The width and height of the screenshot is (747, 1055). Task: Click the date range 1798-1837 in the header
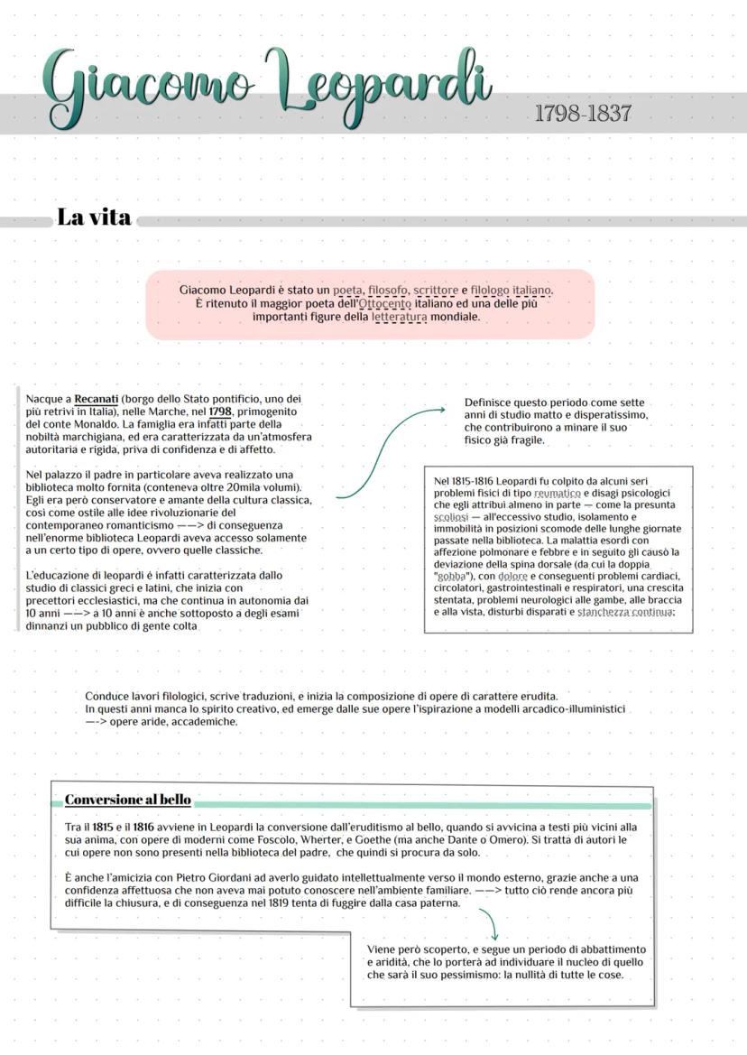(x=582, y=114)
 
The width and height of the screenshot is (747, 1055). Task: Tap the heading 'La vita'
(x=94, y=217)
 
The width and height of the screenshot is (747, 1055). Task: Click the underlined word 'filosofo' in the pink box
(x=387, y=291)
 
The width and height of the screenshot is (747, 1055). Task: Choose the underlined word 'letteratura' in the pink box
(x=399, y=318)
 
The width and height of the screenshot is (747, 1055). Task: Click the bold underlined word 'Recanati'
(x=97, y=399)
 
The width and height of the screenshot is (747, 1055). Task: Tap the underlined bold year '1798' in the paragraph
(x=220, y=412)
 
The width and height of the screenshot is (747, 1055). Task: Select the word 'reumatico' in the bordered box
(x=557, y=494)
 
